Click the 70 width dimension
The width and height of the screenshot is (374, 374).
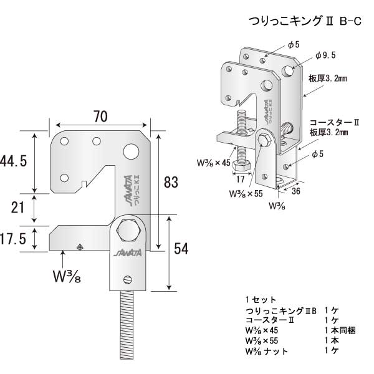click(101, 116)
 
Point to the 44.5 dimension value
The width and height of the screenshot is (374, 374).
click(14, 161)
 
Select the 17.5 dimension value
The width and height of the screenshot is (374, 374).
click(14, 239)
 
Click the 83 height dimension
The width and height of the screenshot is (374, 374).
click(171, 183)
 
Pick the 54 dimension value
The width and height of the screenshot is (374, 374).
click(181, 249)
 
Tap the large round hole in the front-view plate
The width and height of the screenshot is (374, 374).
click(132, 151)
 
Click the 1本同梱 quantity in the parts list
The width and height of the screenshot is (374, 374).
click(340, 330)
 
